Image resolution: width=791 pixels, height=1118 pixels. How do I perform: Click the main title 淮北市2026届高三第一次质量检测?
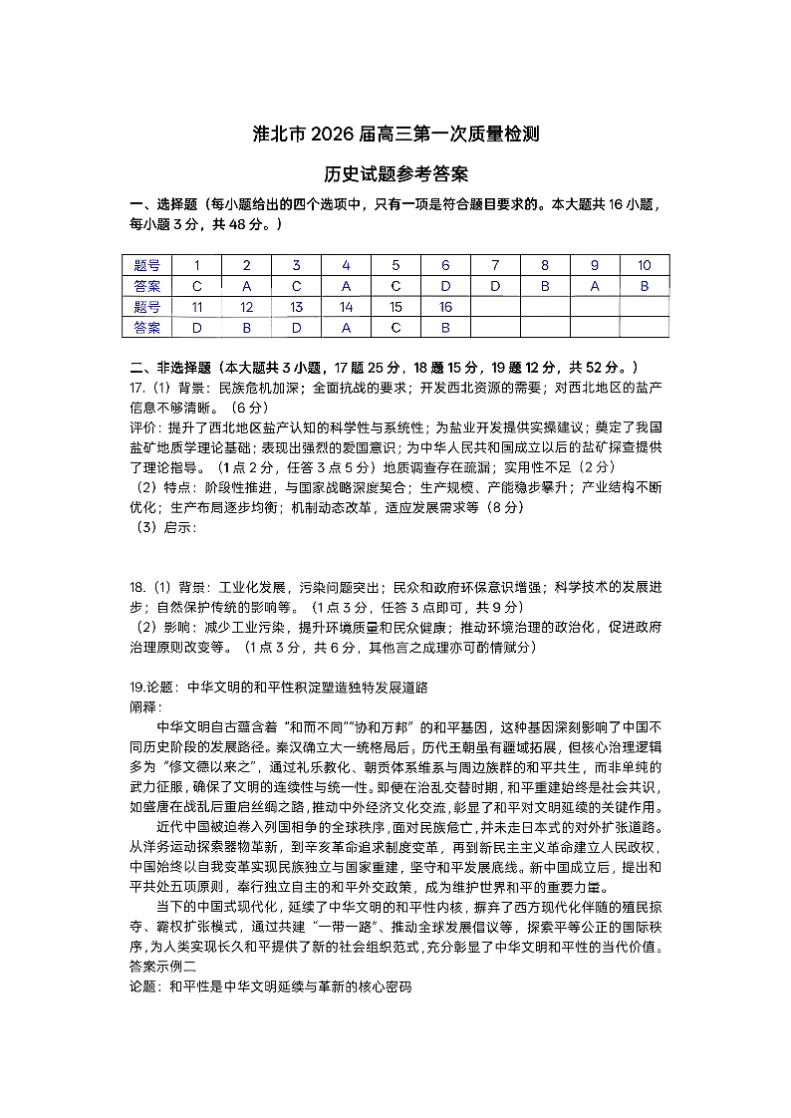(x=395, y=135)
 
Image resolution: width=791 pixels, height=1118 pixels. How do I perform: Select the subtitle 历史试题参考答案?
(x=395, y=174)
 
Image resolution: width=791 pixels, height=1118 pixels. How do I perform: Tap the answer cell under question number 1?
(x=197, y=286)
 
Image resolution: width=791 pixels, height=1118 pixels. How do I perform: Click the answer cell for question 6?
(x=445, y=286)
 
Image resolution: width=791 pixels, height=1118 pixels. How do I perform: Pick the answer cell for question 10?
(x=644, y=286)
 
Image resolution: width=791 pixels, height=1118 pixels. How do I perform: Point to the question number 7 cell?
(x=495, y=265)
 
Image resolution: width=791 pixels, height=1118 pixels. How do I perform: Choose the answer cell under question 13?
(x=297, y=327)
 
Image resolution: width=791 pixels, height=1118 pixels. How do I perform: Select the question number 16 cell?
(x=445, y=307)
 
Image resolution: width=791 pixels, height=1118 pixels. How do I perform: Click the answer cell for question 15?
(x=395, y=327)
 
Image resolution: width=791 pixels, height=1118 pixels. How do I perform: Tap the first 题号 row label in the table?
(x=146, y=265)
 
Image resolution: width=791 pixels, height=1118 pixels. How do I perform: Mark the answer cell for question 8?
(x=545, y=286)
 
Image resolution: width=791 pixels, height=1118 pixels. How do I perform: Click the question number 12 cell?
(x=247, y=307)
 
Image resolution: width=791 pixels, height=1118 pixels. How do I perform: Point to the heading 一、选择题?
(x=163, y=205)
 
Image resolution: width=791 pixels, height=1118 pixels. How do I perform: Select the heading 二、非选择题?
(x=169, y=368)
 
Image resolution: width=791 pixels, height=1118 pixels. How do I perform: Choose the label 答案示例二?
(x=163, y=966)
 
